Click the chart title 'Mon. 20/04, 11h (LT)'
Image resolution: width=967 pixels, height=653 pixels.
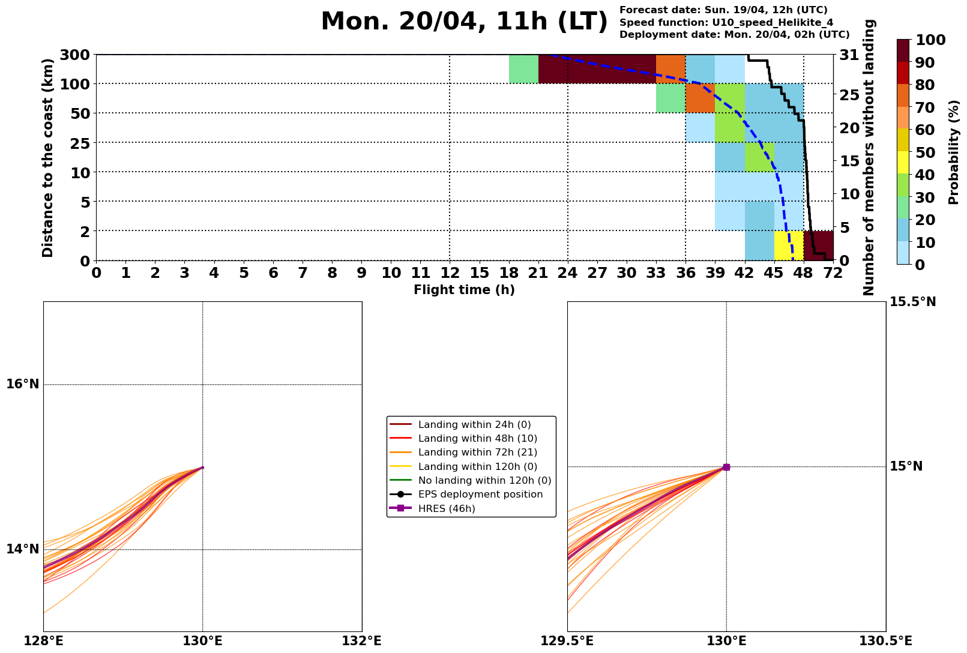pos(464,22)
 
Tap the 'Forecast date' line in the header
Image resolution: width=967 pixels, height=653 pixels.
pos(723,10)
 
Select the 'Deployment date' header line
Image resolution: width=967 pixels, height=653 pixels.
pos(734,35)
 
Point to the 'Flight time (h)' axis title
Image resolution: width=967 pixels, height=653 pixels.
pos(464,290)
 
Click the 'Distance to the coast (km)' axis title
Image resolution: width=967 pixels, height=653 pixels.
pos(49,158)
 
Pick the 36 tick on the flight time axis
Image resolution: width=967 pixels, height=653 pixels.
pos(685,274)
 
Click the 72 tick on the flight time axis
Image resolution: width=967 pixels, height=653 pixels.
pos(833,274)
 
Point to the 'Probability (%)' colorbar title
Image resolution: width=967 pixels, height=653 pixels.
pos(954,152)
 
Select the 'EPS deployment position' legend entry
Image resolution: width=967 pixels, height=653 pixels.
pos(480,495)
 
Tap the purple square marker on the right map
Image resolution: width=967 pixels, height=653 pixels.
pos(726,467)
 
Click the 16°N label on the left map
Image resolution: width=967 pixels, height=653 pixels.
pos(23,384)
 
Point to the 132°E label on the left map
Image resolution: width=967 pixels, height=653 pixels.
pos(362,641)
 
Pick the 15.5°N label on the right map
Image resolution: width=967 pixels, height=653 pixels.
pos(912,302)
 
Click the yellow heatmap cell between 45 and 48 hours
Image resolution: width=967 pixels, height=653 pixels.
pos(789,245)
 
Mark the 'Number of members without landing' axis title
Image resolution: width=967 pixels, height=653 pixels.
pos(869,157)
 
